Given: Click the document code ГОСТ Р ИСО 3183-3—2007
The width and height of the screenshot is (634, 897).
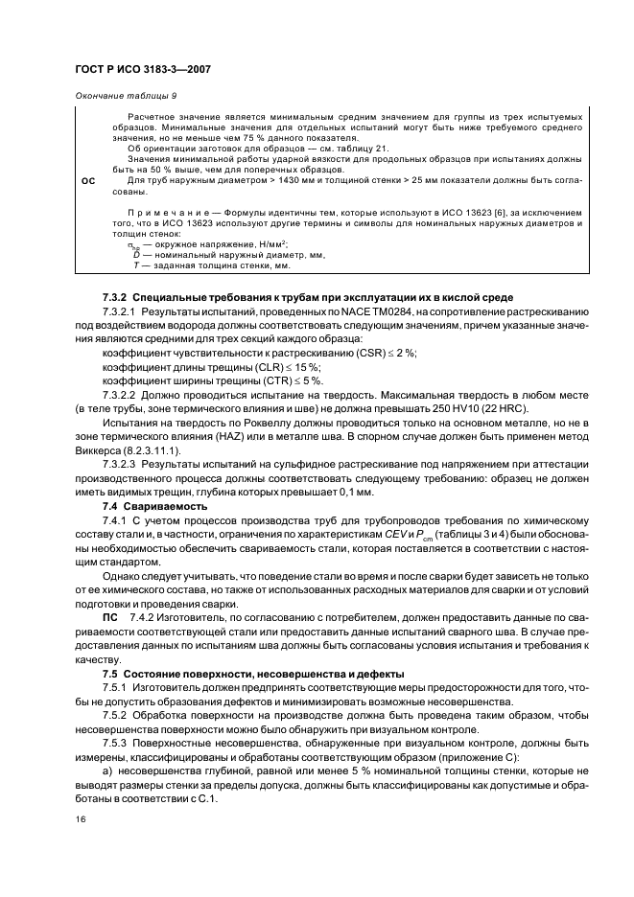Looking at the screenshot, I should (143, 70).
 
